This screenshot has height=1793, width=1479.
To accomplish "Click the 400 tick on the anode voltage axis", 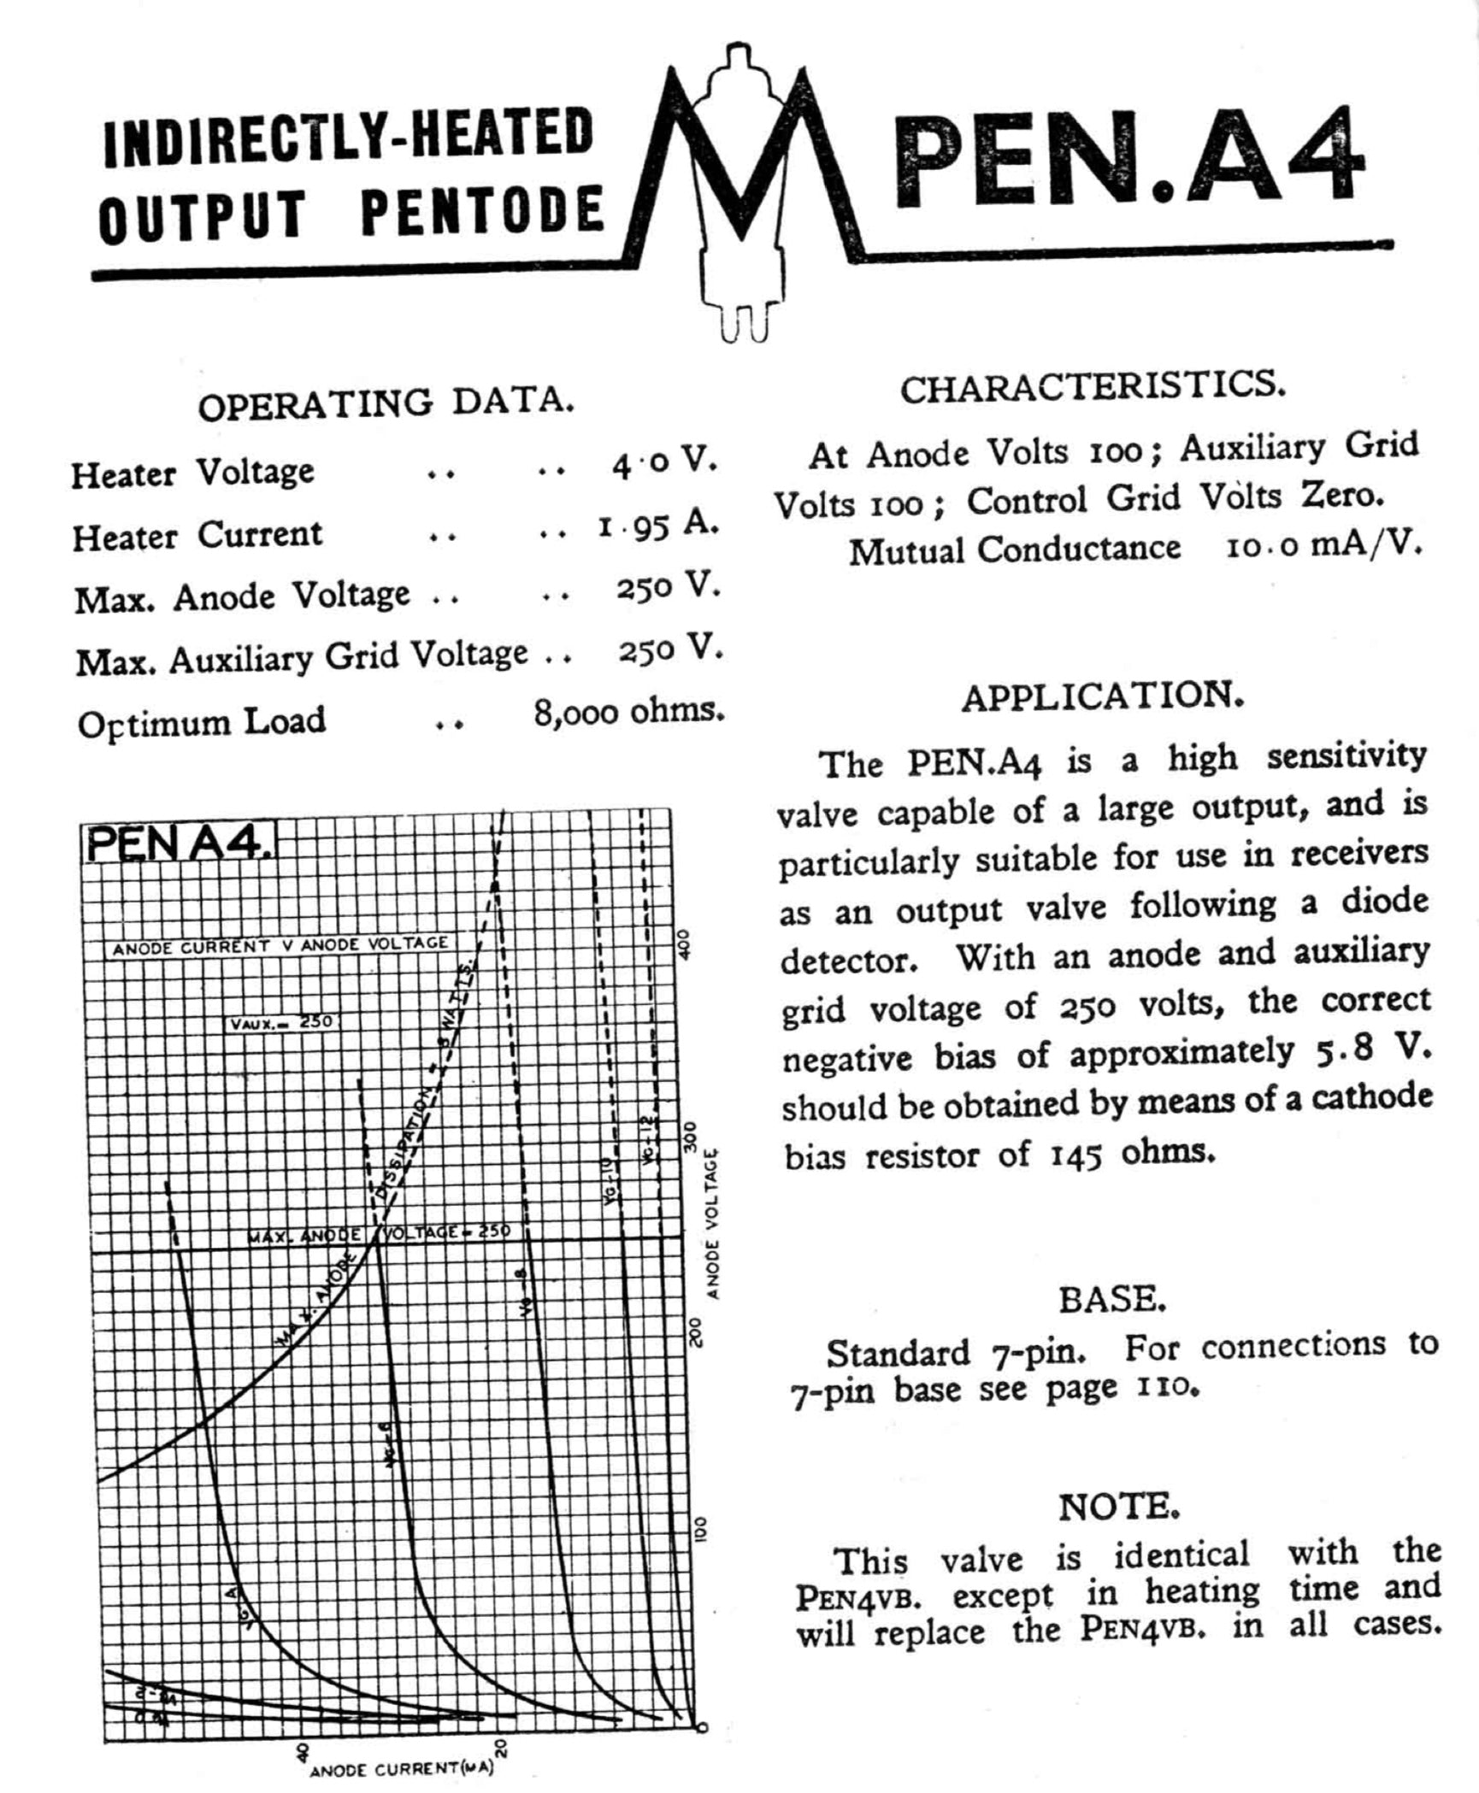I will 693,946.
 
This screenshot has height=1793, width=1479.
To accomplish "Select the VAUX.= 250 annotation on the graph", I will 281,1021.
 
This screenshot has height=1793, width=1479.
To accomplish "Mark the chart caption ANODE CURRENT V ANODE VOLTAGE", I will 280,945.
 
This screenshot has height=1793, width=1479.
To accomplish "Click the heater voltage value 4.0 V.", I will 663,464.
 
